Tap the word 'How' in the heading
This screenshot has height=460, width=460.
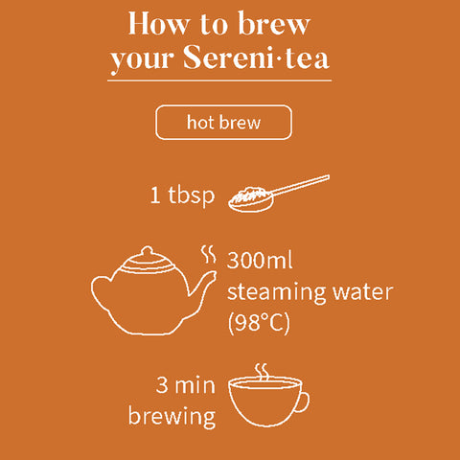pyautogui.click(x=157, y=23)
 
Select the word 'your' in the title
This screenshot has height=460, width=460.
pyautogui.click(x=140, y=60)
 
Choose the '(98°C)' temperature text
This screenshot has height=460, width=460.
pyautogui.click(x=258, y=322)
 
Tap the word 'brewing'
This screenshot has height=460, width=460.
pyautogui.click(x=172, y=417)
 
